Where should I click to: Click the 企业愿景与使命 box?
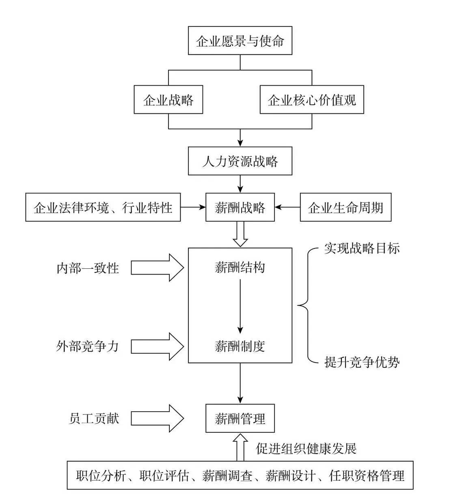coord(240,41)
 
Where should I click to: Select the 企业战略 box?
coord(168,100)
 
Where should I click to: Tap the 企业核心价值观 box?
coord(311,100)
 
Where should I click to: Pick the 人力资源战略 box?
coord(240,161)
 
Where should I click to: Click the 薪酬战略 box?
coord(240,207)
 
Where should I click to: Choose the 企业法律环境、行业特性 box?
coord(103,207)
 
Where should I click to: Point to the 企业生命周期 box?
coord(346,207)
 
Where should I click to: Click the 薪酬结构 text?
coord(240,267)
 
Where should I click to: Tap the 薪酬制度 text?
coord(240,346)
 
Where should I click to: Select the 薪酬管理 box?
coord(240,418)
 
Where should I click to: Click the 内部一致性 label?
coord(88,268)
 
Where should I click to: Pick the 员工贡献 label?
coord(94,418)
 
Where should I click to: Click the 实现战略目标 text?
coord(362,248)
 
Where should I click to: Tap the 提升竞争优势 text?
coord(362,361)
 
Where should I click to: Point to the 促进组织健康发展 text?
coord(306,448)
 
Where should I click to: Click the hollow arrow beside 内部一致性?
coord(157,268)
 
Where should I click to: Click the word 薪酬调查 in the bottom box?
coord(227,475)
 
